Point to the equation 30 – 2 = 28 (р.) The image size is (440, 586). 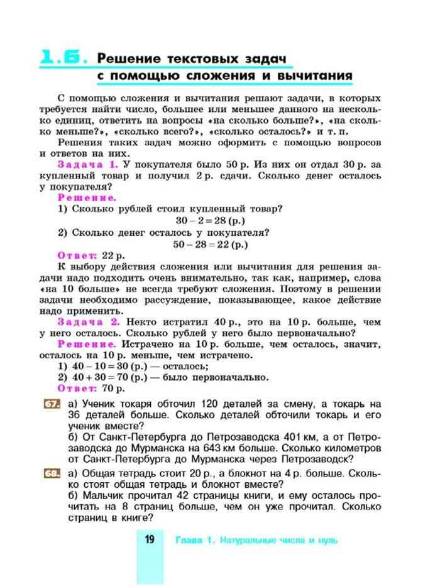210,221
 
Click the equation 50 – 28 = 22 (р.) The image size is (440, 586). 210,244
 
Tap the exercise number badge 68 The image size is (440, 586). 51,473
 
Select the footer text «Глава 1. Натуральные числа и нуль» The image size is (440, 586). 256,540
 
